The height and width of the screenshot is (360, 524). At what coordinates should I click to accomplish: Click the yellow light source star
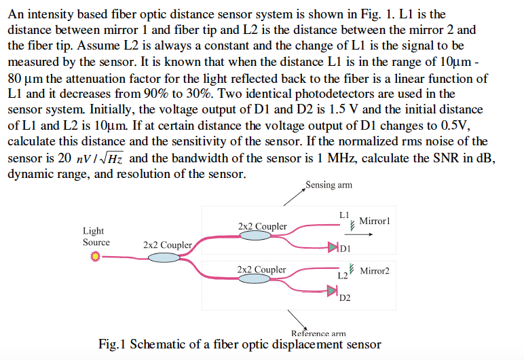pyautogui.click(x=96, y=256)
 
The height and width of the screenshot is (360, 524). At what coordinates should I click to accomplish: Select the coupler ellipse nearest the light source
pyautogui.click(x=164, y=257)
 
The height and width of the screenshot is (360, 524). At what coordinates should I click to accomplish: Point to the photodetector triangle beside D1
pyautogui.click(x=333, y=248)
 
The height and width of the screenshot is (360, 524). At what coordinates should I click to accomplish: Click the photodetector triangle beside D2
pyautogui.click(x=332, y=291)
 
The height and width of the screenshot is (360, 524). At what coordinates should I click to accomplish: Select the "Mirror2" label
pyautogui.click(x=375, y=271)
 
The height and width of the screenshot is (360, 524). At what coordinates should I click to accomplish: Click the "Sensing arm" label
pyautogui.click(x=329, y=185)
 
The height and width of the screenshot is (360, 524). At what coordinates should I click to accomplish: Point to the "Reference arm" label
pyautogui.click(x=318, y=334)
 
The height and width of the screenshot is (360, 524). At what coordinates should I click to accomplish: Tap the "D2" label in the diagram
pyautogui.click(x=345, y=298)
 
